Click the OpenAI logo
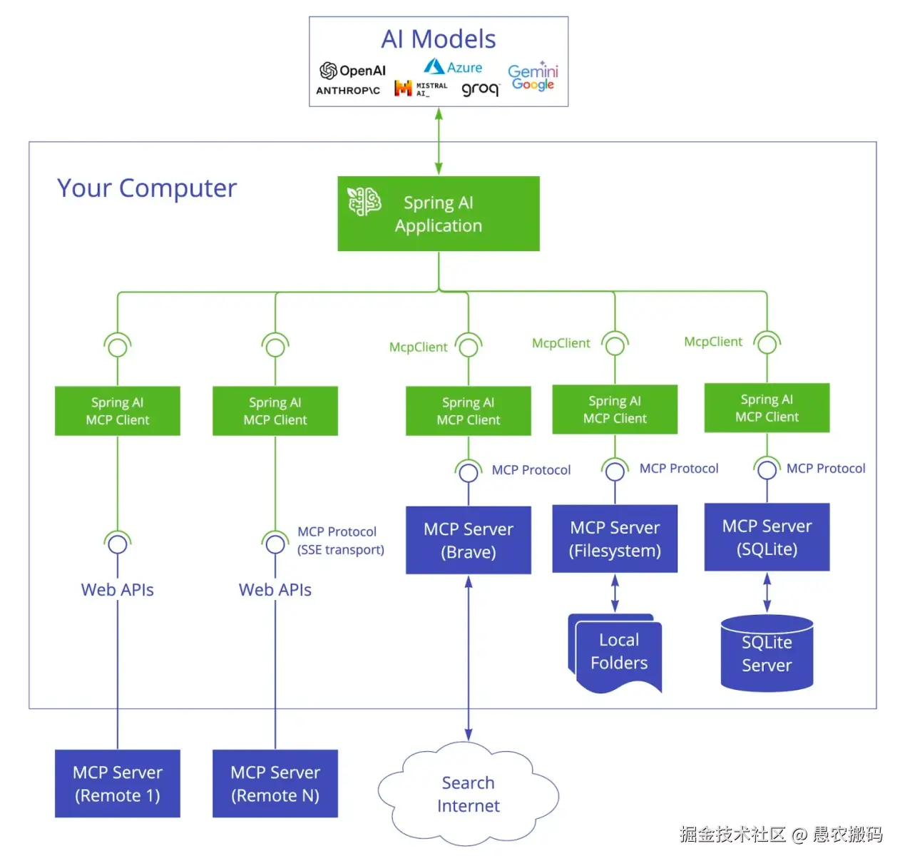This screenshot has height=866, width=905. click(x=352, y=71)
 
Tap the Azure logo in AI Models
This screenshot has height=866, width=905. click(x=453, y=67)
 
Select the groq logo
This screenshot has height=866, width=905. click(x=480, y=89)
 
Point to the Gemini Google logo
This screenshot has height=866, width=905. click(x=533, y=77)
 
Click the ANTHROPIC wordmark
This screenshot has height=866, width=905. click(x=347, y=91)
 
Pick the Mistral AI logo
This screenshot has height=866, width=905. click(x=421, y=88)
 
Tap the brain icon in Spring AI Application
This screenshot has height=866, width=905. click(x=364, y=202)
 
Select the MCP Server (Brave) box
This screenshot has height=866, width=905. click(x=468, y=540)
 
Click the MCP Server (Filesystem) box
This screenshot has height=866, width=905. click(x=614, y=539)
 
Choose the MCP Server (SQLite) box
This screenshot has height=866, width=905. click(x=767, y=537)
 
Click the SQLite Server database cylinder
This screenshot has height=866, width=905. click(x=767, y=653)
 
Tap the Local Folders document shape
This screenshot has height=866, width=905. click(x=618, y=652)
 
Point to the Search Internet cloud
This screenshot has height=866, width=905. click(x=468, y=794)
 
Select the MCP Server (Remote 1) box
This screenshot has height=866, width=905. click(x=117, y=783)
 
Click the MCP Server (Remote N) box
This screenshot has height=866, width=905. click(x=275, y=783)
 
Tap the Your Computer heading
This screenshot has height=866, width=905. click(x=146, y=188)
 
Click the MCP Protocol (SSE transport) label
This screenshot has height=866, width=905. click(x=339, y=541)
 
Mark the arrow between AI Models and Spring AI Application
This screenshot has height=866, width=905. click(x=439, y=141)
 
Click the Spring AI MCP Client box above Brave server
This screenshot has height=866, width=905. click(x=468, y=411)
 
